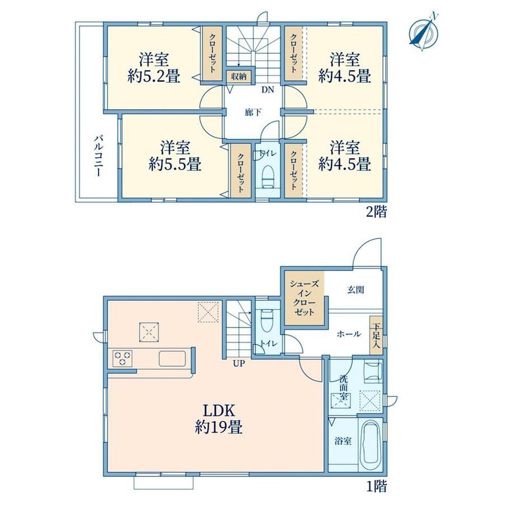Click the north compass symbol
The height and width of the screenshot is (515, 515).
point(424,31)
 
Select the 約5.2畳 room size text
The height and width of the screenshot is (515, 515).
point(154,77)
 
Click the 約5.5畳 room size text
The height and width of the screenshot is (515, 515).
point(175,164)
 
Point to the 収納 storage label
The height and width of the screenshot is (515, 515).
point(239,77)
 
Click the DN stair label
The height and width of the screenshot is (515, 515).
point(268,90)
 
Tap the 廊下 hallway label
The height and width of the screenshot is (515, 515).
point(253,113)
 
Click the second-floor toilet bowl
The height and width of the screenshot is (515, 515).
point(268,177)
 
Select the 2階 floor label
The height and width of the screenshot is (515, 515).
point(376,212)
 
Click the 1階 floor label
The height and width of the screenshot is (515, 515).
point(376,486)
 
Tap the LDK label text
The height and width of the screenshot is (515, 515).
point(218,410)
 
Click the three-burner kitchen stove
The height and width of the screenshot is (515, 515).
point(123,358)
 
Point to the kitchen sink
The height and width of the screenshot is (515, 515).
point(172,358)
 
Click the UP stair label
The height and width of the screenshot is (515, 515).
point(239,364)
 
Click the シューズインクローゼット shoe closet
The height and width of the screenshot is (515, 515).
point(305,298)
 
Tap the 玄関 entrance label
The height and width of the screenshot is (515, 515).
point(355,290)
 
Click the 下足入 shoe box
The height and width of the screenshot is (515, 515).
point(376,335)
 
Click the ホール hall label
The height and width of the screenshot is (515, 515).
point(349,334)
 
